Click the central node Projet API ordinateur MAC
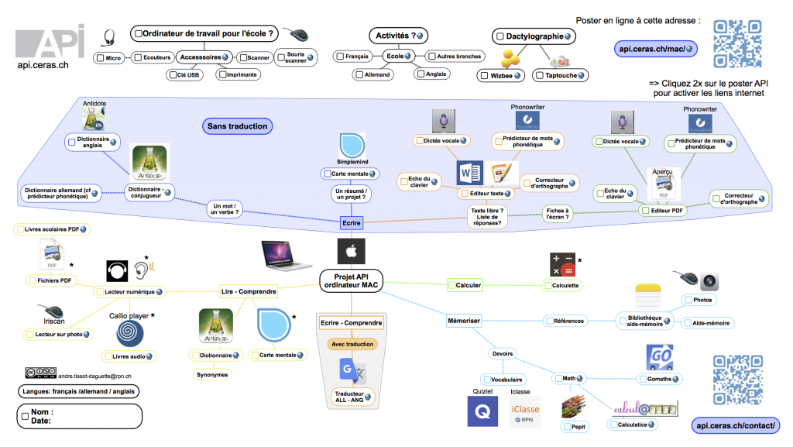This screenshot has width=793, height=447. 350,280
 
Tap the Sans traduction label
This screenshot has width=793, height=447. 237,126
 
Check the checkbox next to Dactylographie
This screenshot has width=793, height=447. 500,36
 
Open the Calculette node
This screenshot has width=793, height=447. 565,285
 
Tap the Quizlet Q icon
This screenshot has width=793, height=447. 482,410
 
